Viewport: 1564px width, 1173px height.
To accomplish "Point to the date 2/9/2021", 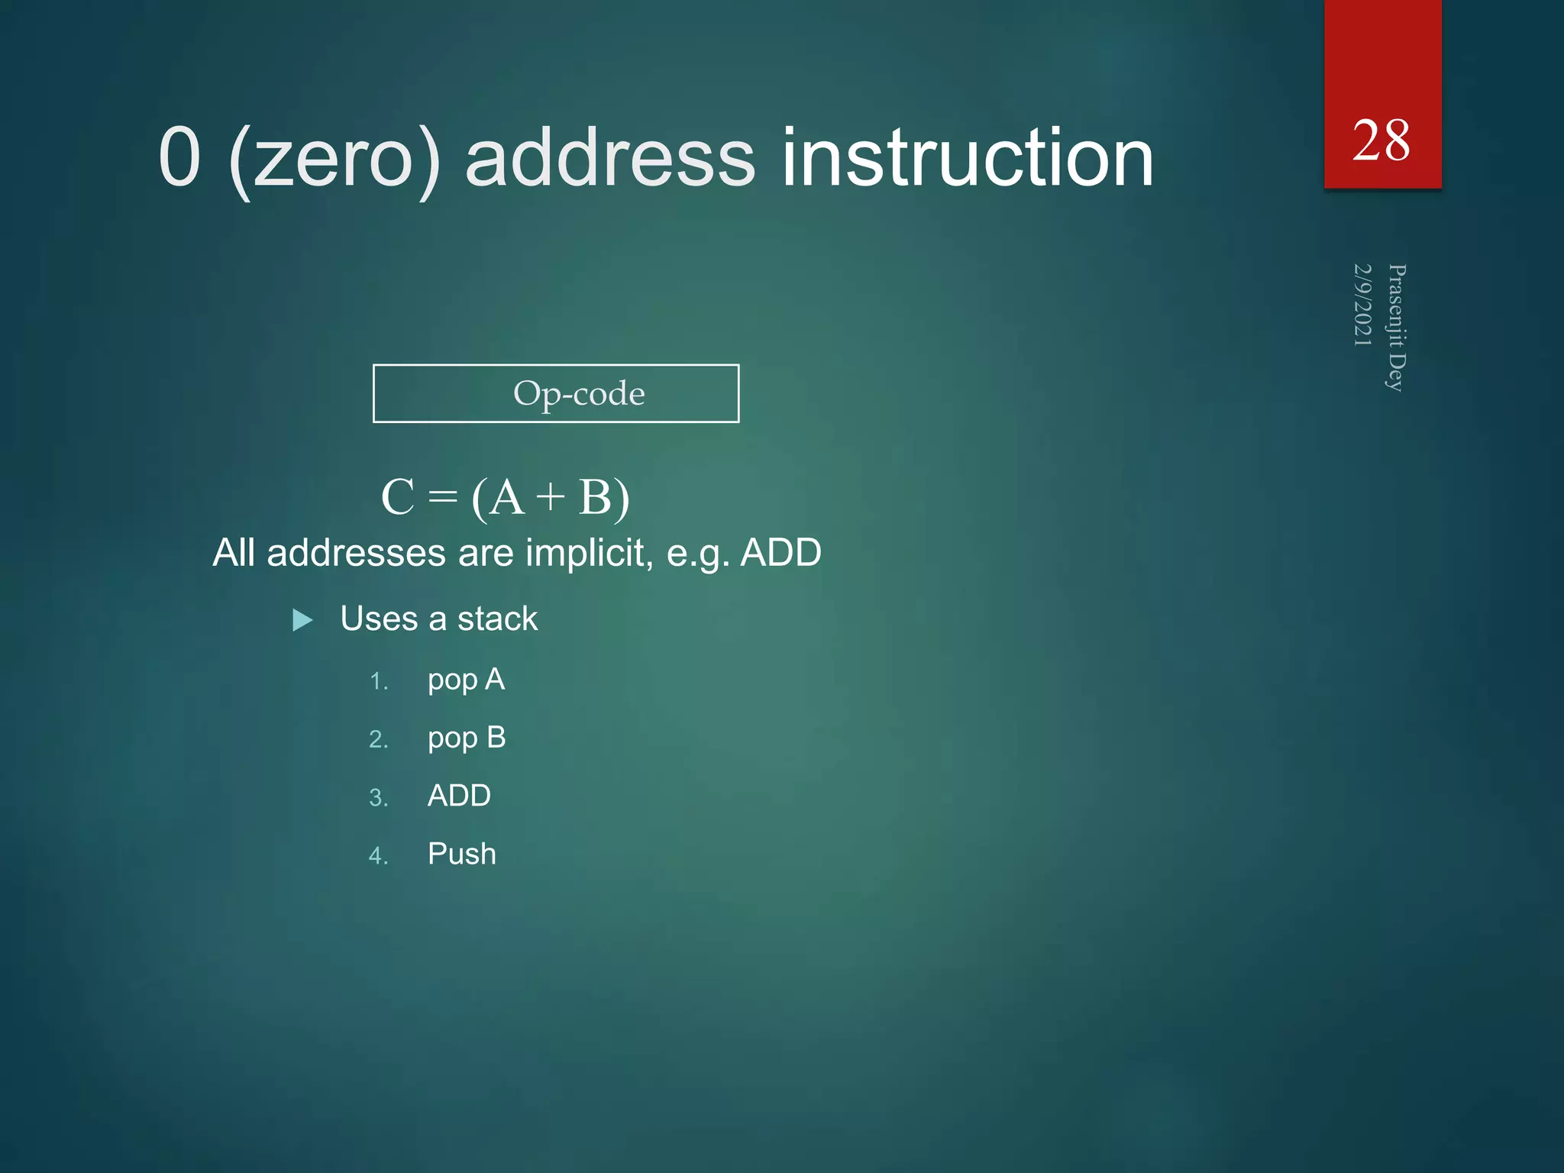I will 1362,305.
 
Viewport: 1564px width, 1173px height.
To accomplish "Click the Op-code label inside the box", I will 579,394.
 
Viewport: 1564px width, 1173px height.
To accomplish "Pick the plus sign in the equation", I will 550,498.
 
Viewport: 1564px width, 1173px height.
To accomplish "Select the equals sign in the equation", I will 443,498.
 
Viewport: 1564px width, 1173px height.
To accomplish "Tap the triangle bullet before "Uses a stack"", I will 302,620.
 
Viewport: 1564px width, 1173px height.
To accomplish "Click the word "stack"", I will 497,619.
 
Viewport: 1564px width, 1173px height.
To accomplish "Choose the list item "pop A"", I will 466,680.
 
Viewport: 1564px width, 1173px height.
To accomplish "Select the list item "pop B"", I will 466,738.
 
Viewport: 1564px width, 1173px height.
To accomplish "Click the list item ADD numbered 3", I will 459,796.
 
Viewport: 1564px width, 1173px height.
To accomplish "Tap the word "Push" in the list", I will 461,854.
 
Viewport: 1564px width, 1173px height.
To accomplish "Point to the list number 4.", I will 378,856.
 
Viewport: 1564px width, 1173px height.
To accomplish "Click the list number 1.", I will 378,682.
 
